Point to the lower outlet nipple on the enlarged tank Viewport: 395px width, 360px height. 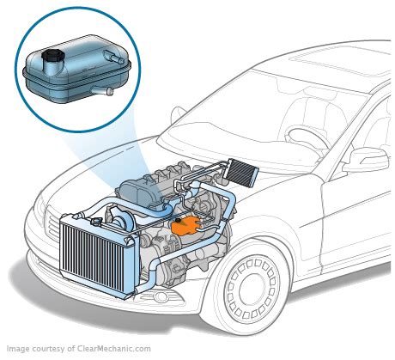(x=106, y=90)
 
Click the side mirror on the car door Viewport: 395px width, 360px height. (x=368, y=159)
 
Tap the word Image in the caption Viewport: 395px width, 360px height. (x=19, y=350)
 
